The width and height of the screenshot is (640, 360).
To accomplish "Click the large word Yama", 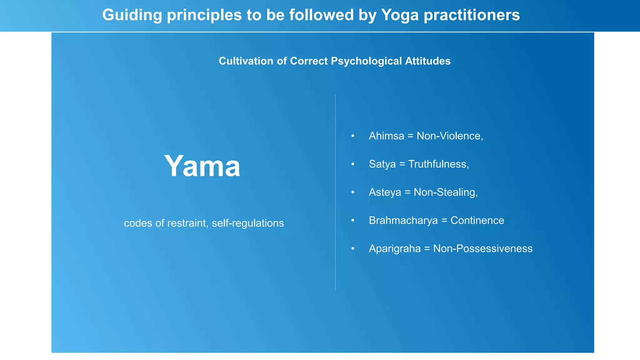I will [202, 166].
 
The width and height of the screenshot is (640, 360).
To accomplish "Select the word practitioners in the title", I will [472, 15].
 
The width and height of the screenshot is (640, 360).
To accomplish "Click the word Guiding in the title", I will [132, 15].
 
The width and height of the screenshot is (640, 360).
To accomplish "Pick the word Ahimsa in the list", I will [386, 136].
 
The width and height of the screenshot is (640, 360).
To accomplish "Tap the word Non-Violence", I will [450, 136].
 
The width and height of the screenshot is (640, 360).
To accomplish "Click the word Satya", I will [382, 164].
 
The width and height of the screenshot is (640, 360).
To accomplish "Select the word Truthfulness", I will [438, 164].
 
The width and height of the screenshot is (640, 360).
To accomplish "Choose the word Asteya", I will [385, 192].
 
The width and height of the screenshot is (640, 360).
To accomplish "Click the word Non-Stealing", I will [446, 192].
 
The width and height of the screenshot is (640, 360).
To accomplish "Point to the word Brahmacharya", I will [403, 220].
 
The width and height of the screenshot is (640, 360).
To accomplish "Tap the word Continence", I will [477, 220].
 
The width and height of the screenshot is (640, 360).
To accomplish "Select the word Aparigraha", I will [395, 248].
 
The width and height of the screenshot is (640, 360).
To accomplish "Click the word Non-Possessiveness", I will [483, 248].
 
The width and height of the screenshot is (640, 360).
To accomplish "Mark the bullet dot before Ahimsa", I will [353, 136].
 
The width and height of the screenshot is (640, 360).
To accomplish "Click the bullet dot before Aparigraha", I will [353, 248].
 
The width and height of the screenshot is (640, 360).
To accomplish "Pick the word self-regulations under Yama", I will [248, 223].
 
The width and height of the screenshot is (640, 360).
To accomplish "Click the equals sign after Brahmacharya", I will [444, 221].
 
